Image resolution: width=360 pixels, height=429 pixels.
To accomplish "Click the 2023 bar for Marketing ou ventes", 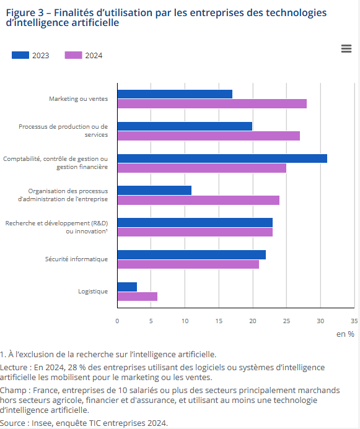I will coord(175,94).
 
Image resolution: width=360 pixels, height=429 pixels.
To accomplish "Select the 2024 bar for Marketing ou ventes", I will coord(212,104).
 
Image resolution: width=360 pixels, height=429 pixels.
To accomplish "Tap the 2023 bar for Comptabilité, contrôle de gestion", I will coord(222,158).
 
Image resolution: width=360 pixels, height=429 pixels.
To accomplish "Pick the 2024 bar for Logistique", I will coord(137,297).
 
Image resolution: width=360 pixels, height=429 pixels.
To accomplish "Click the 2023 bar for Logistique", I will coord(127,287).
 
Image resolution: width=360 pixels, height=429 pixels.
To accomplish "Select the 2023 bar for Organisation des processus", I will coord(154,191).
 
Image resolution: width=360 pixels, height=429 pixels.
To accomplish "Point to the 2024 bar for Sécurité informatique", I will coord(188,264).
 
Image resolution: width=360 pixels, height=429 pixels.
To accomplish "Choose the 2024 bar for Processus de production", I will coord(208,136).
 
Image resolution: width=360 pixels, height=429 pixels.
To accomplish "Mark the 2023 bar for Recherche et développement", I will coord(195,222).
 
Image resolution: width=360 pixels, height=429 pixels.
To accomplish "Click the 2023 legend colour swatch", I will coord(20,55).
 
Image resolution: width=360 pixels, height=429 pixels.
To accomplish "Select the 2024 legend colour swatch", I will coord(73,55).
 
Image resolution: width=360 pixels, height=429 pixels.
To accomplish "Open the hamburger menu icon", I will coord(346,49).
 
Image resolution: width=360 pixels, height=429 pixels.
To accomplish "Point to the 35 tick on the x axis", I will coord(354,321).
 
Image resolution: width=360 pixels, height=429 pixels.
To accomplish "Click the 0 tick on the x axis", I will coord(117,321).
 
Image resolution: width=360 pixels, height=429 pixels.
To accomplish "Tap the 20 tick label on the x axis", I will coord(252,321).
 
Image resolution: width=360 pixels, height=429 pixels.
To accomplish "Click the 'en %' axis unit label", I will coord(345,334).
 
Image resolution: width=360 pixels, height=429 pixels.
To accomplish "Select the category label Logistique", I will coord(93,291).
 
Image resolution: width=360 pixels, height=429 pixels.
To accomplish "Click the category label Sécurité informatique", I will coord(76,259).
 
